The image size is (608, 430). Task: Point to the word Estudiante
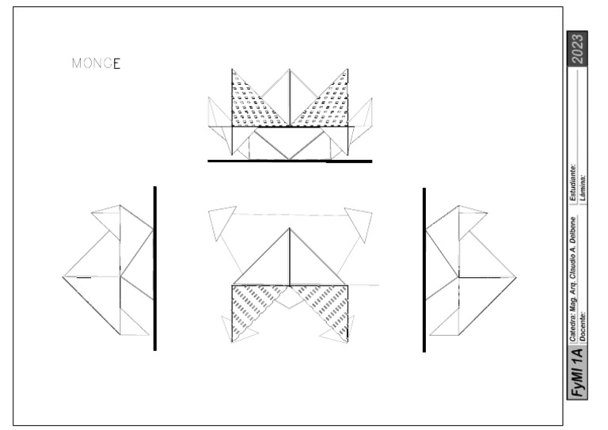(571, 178)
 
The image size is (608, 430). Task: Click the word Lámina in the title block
(582, 185)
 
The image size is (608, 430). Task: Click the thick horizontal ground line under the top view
(289, 161)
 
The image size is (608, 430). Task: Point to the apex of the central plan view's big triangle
(290, 229)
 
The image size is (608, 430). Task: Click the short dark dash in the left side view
(83, 277)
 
